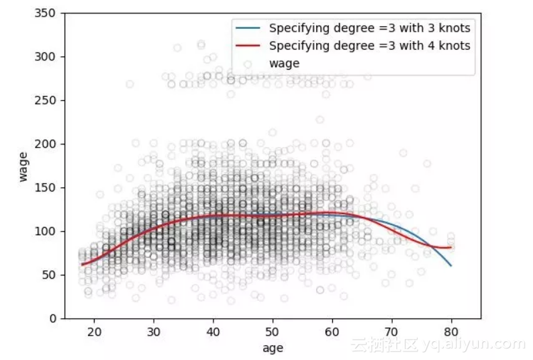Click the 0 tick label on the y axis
click(54, 319)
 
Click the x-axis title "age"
click(273, 348)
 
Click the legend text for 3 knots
click(369, 28)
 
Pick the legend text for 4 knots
click(369, 46)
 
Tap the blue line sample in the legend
click(246, 28)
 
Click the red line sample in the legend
click(246, 46)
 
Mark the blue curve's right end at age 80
click(451, 266)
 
